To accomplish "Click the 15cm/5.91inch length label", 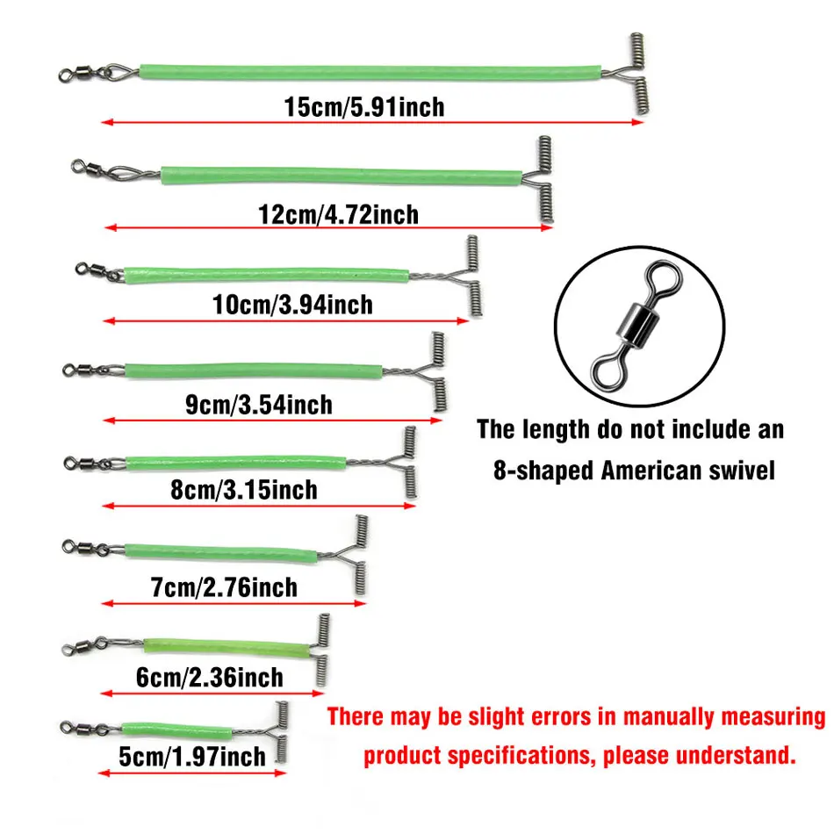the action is coord(364,107).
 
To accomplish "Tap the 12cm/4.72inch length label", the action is coord(338,214).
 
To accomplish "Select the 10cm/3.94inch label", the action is coord(292,305).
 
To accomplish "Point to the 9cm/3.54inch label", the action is coord(259,405).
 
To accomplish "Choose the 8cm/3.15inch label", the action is coord(244,490).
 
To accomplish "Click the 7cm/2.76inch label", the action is coord(224,587).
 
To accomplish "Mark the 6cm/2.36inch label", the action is coord(210,678).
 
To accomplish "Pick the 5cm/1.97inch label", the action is coord(192,757).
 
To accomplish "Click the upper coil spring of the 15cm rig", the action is coord(637,51).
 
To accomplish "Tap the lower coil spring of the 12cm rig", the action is coord(546,203).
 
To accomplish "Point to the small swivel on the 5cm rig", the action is coord(83,728).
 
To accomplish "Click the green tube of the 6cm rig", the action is coord(226,647).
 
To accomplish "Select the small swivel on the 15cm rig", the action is coord(85,72).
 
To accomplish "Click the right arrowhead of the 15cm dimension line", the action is coord(637,122).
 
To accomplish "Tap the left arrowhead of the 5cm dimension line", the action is coord(104,773).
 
